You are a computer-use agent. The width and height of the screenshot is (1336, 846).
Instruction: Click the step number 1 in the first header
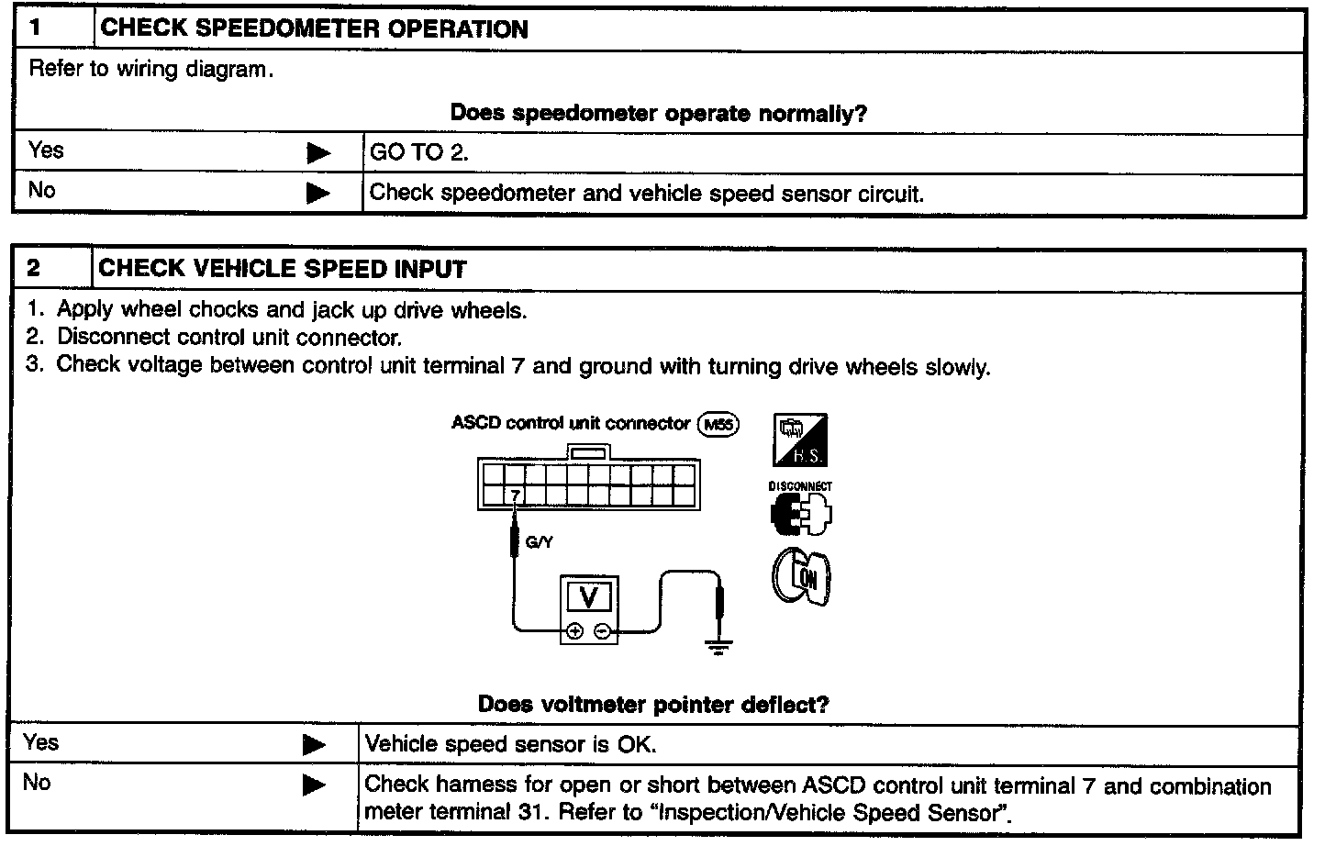tap(36, 28)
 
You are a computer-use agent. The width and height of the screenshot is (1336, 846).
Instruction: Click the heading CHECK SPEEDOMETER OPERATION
tap(314, 28)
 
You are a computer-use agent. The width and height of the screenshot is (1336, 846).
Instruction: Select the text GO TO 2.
tap(418, 153)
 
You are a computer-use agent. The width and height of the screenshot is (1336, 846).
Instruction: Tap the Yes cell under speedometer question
tap(46, 150)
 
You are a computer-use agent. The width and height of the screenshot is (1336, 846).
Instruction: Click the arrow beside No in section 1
tap(318, 194)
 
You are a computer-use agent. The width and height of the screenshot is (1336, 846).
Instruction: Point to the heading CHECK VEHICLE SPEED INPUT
tap(283, 269)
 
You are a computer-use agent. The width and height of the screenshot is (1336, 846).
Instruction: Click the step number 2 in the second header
tap(34, 268)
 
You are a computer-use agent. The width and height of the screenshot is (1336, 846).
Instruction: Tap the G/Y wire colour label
tap(539, 542)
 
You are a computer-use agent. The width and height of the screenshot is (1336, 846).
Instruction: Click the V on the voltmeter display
tap(590, 598)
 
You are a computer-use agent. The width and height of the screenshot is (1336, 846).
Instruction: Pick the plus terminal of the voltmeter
tap(575, 631)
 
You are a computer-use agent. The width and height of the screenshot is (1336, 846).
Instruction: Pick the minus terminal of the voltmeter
tap(602, 631)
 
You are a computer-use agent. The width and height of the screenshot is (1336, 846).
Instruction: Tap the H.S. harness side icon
tap(801, 441)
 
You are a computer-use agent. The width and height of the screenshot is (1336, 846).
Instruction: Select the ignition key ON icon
tap(801, 577)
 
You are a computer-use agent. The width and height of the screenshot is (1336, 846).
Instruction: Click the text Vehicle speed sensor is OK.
tap(510, 743)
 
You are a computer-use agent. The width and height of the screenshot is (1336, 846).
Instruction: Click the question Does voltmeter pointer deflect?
tap(653, 705)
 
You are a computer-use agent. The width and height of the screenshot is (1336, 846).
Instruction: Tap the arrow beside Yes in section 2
tap(314, 745)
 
